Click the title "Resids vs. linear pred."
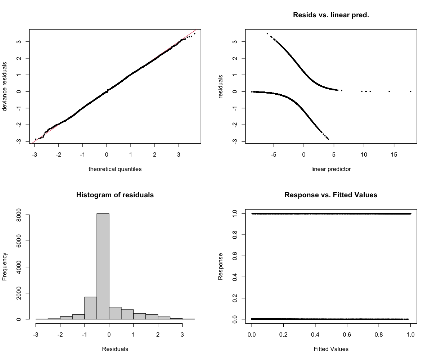pyautogui.click(x=331, y=15)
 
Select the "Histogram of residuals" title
pyautogui.click(x=115, y=195)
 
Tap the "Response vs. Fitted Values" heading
pyautogui.click(x=331, y=195)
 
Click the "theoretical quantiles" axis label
pyautogui.click(x=115, y=169)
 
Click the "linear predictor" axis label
pyautogui.click(x=331, y=169)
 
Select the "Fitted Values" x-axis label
pyautogui.click(x=331, y=348)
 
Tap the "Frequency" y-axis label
pyautogui.click(x=5, y=266)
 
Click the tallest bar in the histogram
pyautogui.click(x=103, y=266)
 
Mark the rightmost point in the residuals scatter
pyautogui.click(x=410, y=91)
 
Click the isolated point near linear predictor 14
pyautogui.click(x=389, y=91)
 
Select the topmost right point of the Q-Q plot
pyautogui.click(x=194, y=33)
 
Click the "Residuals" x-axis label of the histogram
pyautogui.click(x=115, y=348)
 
